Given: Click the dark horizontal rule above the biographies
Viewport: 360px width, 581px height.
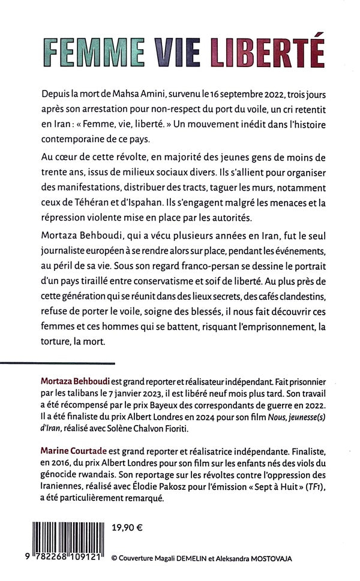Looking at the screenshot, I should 57,363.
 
